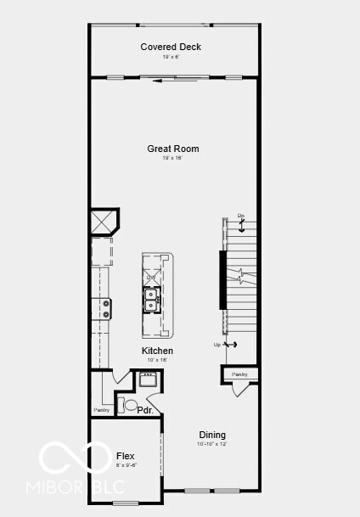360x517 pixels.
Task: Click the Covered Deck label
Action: pos(171,47)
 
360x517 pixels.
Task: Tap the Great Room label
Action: pos(172,149)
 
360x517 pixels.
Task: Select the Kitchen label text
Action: pos(157,351)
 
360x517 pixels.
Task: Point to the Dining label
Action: pos(212,435)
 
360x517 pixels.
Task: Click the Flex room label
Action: pos(125,456)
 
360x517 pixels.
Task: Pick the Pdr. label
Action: pos(145,411)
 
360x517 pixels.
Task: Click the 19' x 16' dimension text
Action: pos(172,158)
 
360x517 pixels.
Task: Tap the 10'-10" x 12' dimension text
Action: pos(212,444)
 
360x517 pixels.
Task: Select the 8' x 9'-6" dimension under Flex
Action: pos(126,465)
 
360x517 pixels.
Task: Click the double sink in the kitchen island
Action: pos(151,300)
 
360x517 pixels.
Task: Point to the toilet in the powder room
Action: pos(129,405)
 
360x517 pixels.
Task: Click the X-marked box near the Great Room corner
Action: pos(104,222)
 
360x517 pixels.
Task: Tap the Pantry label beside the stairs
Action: pos(239,374)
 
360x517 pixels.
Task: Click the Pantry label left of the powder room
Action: pos(102,410)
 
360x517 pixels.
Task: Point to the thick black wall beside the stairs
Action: pos(223,280)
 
